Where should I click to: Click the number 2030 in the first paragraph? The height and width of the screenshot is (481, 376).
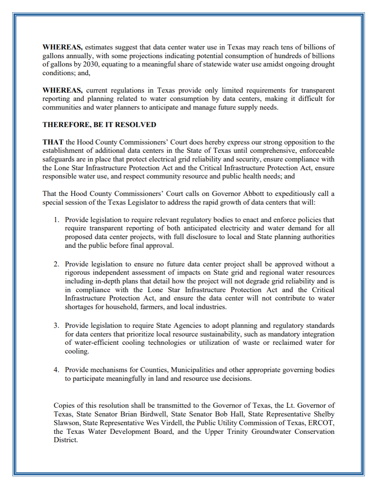91,64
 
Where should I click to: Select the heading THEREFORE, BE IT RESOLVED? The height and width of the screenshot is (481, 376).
99,125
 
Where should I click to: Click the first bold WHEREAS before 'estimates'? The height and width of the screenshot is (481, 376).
63,47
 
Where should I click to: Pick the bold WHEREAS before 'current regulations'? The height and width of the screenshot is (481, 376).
63,90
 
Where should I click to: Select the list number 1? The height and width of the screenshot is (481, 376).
57,219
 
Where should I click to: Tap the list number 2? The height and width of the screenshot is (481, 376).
57,264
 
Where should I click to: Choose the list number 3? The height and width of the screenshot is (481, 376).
57,325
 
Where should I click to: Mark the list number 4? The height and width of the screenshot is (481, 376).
57,370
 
